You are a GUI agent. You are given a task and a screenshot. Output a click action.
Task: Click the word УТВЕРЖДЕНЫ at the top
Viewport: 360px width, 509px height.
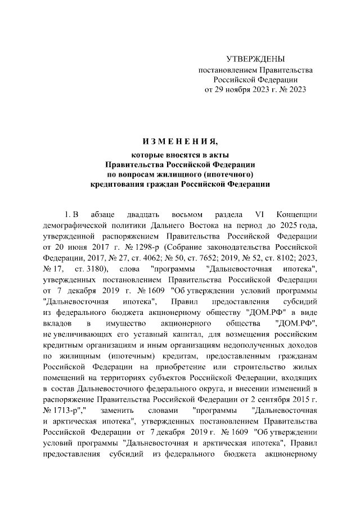pos(255,59)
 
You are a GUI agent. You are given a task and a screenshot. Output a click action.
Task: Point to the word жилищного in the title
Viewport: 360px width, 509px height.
pos(190,173)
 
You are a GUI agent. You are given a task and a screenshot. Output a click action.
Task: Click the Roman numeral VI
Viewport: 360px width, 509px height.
pos(259,215)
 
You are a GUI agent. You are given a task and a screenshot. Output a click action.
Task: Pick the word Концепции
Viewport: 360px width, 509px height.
pos(298,215)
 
